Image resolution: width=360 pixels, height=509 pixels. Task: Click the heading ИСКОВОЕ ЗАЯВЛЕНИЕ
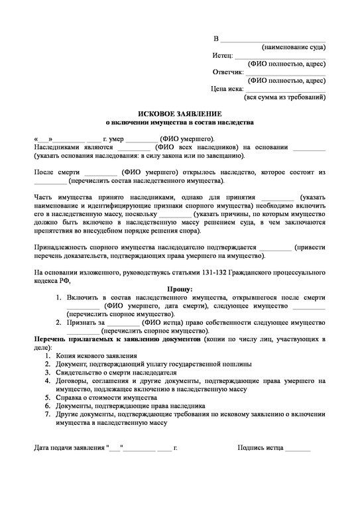180,114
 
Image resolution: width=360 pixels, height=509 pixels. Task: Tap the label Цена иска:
227,88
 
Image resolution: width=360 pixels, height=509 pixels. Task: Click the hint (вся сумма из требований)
285,97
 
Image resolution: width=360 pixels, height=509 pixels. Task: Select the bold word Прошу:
180,289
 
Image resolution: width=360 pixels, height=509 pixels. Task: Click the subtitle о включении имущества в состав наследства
180,123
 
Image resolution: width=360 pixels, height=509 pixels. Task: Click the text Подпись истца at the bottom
261,448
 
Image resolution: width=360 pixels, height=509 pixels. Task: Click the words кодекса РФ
51,280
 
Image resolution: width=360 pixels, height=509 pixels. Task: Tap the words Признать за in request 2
86,321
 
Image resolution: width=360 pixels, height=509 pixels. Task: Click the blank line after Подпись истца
298,449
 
